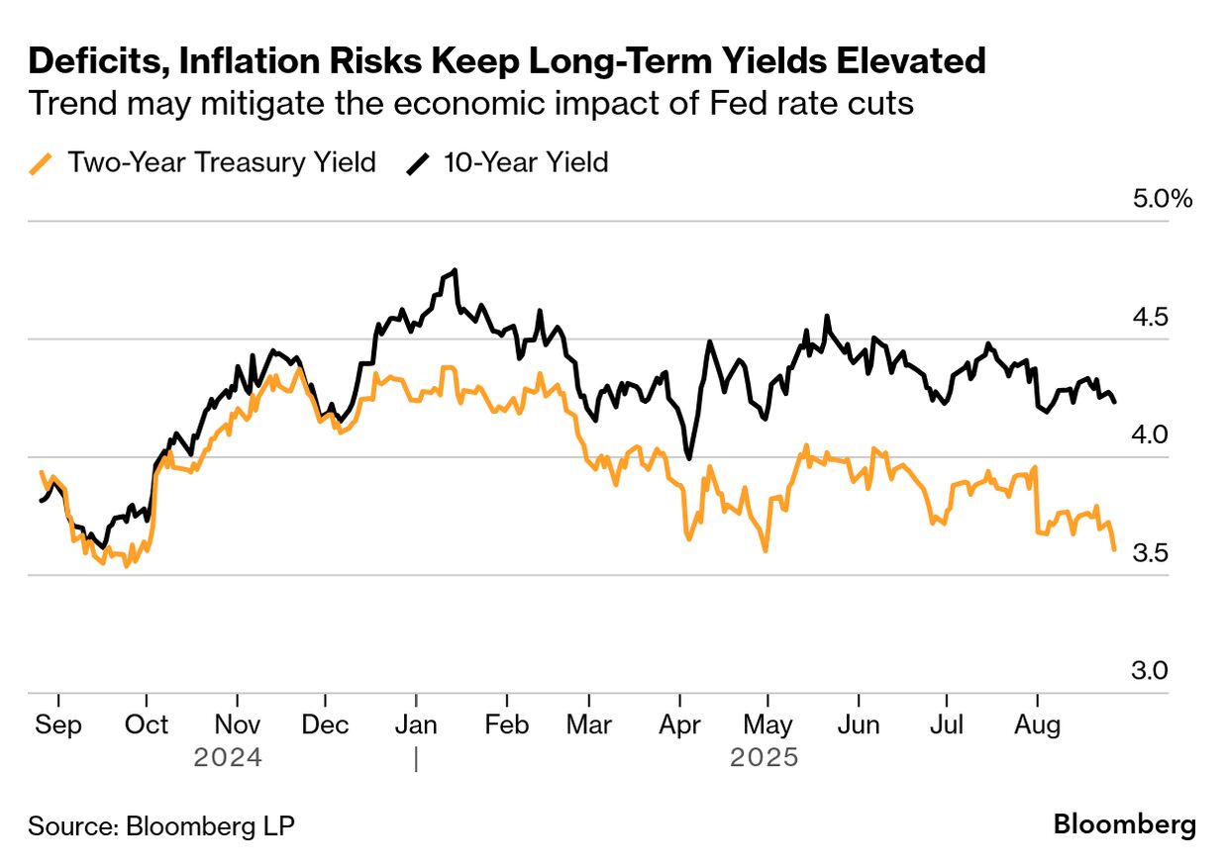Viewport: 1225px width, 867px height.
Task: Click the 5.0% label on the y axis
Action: pyautogui.click(x=1163, y=198)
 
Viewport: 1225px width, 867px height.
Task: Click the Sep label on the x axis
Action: pyautogui.click(x=58, y=724)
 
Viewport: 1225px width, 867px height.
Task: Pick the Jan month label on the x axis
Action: pyautogui.click(x=416, y=724)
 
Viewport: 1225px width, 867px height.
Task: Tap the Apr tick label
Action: pyautogui.click(x=680, y=724)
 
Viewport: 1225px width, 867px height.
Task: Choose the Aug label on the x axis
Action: pyautogui.click(x=1037, y=724)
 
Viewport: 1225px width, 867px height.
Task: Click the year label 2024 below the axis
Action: pyautogui.click(x=228, y=758)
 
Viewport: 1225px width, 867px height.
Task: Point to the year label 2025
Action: pyautogui.click(x=764, y=758)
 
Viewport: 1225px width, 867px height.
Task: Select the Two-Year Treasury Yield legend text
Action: pyautogui.click(x=221, y=162)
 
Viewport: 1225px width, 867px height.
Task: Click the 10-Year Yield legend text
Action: pyautogui.click(x=526, y=162)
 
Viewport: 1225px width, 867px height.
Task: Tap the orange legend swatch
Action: pyautogui.click(x=42, y=163)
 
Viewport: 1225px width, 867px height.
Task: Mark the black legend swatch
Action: pyautogui.click(x=420, y=163)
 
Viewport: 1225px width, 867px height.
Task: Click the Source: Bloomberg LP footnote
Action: pyautogui.click(x=160, y=825)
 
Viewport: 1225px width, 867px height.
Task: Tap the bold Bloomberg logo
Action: pyautogui.click(x=1124, y=824)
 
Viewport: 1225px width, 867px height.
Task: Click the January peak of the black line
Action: pyautogui.click(x=454, y=270)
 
